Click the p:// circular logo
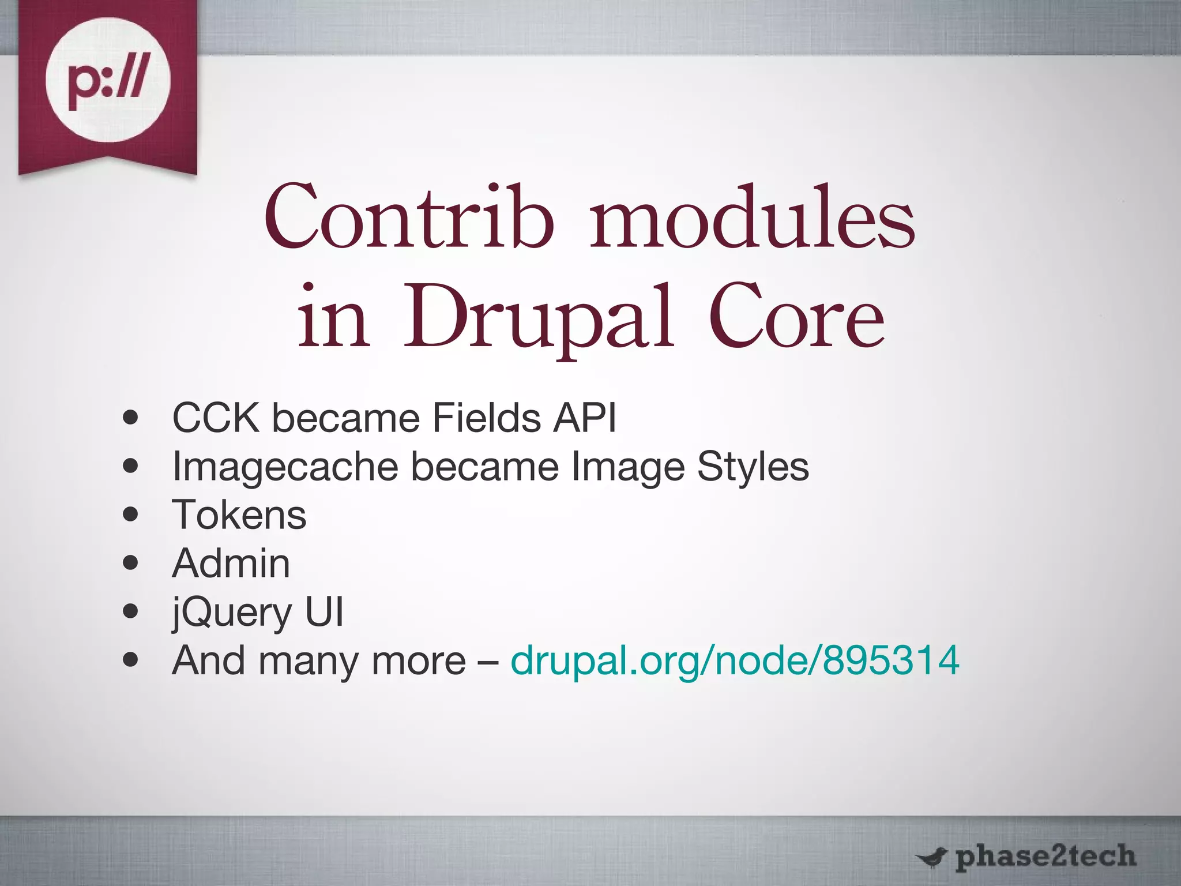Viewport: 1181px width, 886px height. [x=108, y=80]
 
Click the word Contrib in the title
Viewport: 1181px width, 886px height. [x=408, y=217]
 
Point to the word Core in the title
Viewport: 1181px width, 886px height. [x=796, y=317]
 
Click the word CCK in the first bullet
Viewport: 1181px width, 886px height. [x=216, y=418]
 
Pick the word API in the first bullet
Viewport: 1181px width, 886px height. [x=584, y=418]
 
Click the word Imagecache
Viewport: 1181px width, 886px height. [x=285, y=467]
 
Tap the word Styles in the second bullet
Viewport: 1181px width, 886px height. [x=753, y=467]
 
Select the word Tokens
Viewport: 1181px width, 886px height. [x=239, y=515]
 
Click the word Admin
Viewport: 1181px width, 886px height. [x=231, y=563]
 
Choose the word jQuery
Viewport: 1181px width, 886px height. [x=232, y=613]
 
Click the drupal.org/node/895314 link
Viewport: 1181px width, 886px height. [x=735, y=660]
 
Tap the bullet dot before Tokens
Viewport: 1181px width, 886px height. [x=131, y=515]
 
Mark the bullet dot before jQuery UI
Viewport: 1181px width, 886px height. [x=131, y=611]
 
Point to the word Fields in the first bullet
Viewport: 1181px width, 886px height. [x=486, y=418]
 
